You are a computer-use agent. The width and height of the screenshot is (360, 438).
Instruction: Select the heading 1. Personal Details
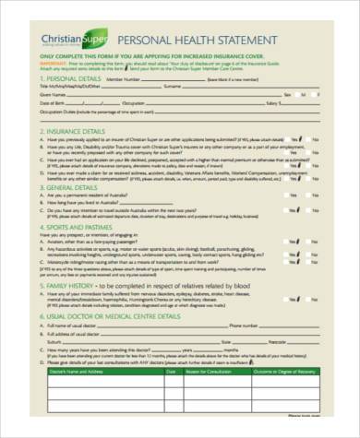coord(67,79)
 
